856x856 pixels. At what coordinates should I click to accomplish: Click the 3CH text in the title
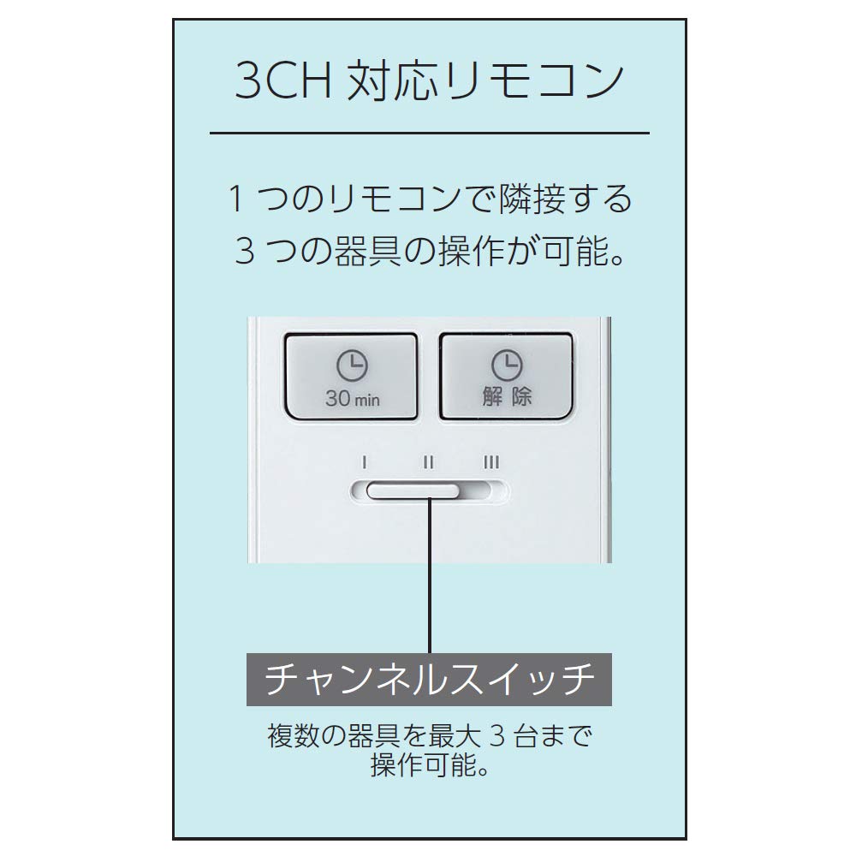click(x=283, y=80)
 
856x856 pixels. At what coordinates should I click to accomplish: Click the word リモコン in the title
click(x=534, y=80)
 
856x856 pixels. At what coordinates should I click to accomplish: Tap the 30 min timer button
click(x=352, y=376)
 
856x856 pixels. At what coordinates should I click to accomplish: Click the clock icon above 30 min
click(x=352, y=366)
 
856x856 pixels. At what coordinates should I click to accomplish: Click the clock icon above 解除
click(x=507, y=365)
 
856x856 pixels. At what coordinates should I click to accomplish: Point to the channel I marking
click(x=364, y=463)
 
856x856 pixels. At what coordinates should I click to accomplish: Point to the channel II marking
click(x=429, y=463)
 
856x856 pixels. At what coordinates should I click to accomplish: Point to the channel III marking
click(x=491, y=463)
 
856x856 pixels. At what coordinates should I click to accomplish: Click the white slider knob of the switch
click(x=413, y=490)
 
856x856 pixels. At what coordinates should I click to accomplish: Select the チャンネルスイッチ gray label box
click(x=429, y=679)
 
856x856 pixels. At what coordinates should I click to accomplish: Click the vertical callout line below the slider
click(x=431, y=576)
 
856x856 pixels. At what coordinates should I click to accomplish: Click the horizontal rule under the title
click(x=430, y=133)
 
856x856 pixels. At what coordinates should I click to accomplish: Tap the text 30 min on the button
click(x=352, y=399)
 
